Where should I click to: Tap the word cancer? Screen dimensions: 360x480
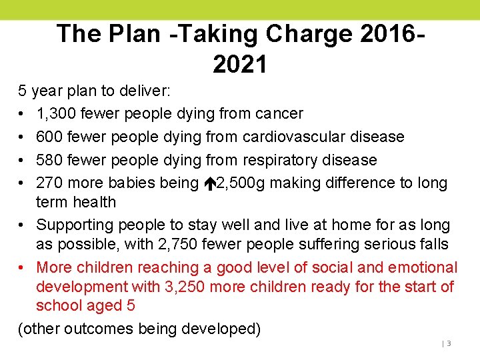click(x=279, y=114)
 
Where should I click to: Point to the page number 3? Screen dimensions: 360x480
click(x=449, y=343)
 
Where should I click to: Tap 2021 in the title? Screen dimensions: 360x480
click(x=240, y=64)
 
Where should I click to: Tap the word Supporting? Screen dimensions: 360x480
click(x=75, y=225)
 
